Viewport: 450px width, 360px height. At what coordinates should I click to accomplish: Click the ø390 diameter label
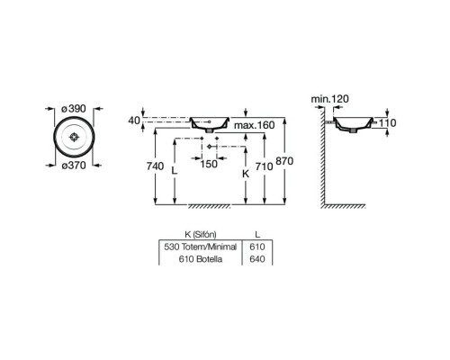coord(74,109)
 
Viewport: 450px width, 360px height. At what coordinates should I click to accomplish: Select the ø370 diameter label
coord(74,166)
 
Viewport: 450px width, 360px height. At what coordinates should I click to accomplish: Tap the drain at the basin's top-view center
coord(74,137)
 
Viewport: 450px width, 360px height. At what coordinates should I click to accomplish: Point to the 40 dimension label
coord(134,121)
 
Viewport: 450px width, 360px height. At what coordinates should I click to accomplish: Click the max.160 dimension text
coord(255,125)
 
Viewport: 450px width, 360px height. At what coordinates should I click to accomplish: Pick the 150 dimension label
coord(209,164)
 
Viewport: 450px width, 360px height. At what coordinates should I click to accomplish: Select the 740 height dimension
coord(155,166)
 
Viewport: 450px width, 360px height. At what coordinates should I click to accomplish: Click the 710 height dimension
coord(264,166)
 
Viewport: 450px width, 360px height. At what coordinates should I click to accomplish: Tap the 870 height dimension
coord(284,161)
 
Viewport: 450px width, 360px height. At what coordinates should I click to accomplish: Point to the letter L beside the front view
coord(175,171)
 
